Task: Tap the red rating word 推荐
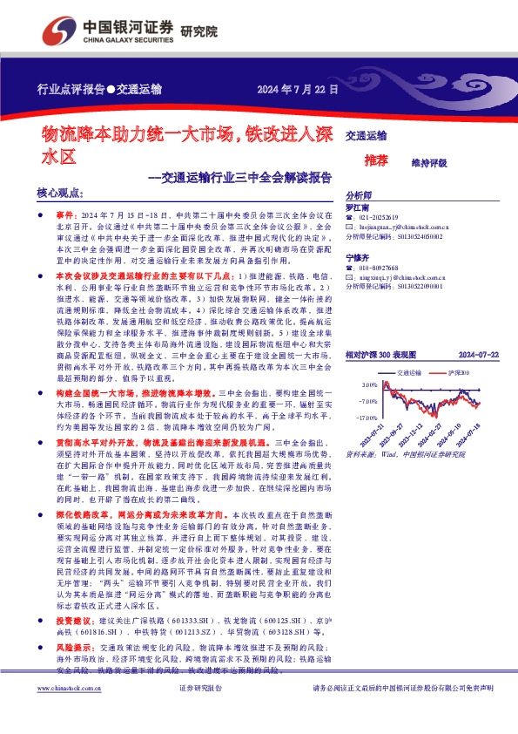[x=376, y=160]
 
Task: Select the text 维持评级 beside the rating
[x=428, y=161]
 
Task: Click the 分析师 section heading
[x=359, y=196]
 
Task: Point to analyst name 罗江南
[x=358, y=208]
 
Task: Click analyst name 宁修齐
[x=358, y=257]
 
